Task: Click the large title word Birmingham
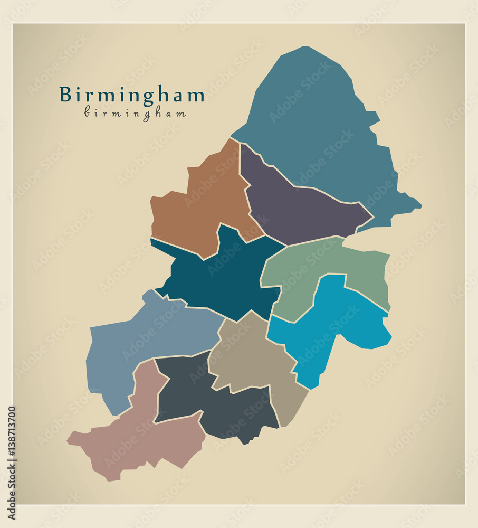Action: [x=132, y=95]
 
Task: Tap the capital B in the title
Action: [x=65, y=95]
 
